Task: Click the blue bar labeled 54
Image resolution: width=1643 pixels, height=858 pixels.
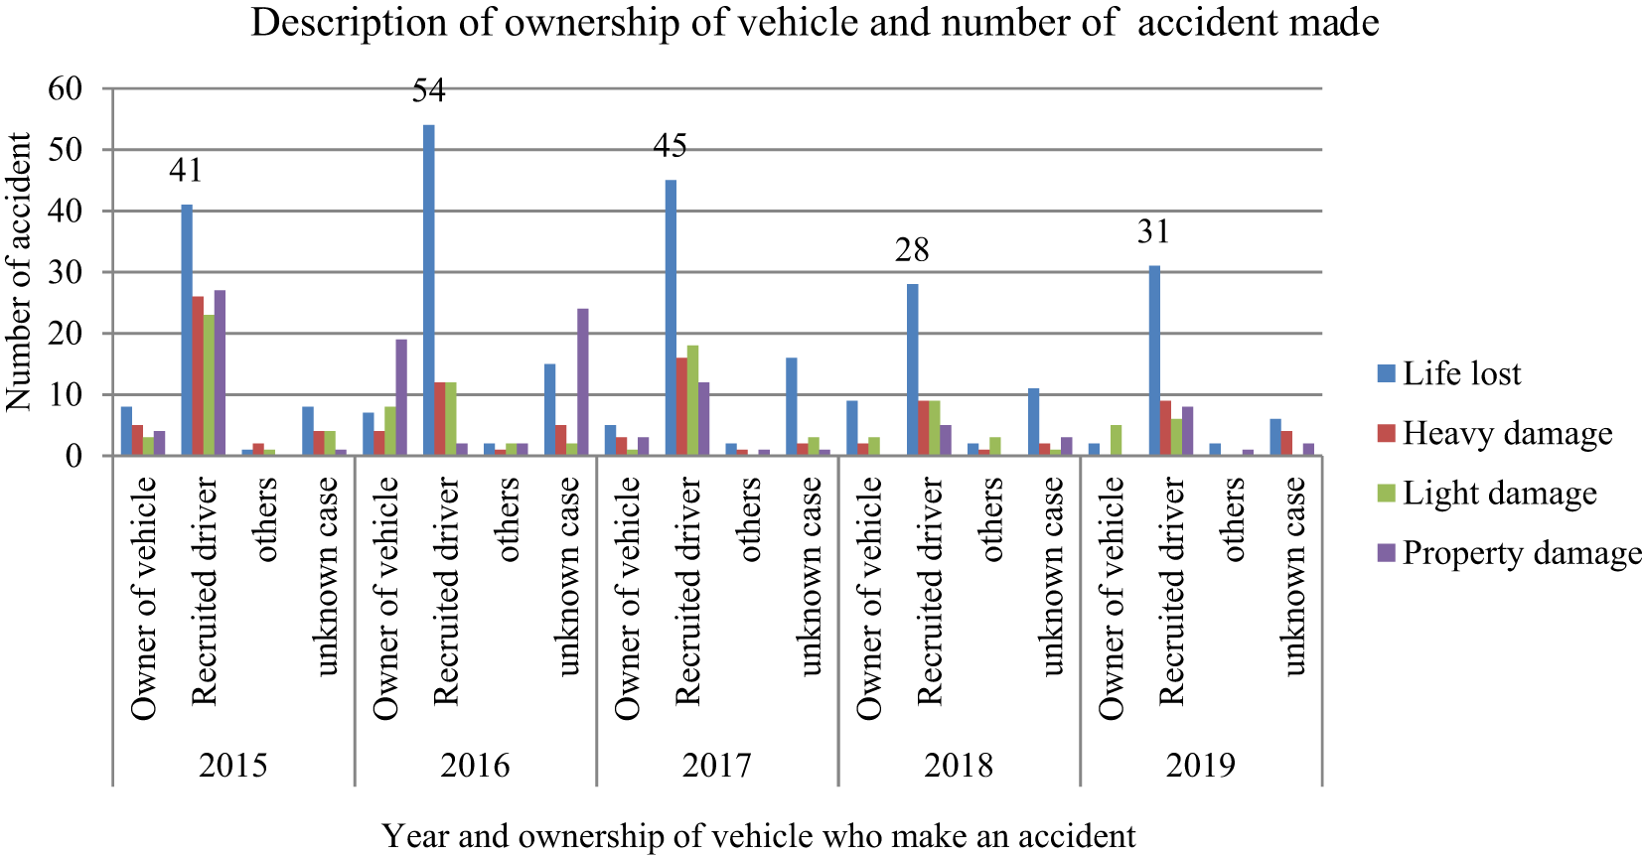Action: point(429,290)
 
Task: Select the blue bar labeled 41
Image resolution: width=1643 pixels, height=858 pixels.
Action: point(187,330)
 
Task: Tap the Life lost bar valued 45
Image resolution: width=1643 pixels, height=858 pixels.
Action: point(671,318)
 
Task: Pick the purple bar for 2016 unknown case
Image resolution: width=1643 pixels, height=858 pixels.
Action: point(582,382)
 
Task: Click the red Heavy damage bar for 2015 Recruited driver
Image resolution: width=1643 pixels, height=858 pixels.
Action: point(198,375)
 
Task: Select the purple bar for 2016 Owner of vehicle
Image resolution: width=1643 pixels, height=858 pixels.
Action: point(401,397)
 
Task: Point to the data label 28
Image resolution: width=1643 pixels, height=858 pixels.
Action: point(912,250)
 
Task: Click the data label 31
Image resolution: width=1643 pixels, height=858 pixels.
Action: point(1153,232)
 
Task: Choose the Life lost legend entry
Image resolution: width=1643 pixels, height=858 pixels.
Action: point(1461,374)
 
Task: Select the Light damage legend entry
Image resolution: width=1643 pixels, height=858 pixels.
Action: point(1499,494)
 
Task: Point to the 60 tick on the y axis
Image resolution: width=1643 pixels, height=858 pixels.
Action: point(66,88)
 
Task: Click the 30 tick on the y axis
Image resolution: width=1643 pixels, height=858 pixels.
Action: point(66,272)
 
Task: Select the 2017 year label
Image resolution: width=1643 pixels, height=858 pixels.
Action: point(717,766)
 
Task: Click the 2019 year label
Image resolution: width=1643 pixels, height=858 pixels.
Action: point(1201,766)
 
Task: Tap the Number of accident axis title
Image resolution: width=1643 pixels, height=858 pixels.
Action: point(20,272)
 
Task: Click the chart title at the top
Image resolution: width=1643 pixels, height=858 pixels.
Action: point(815,22)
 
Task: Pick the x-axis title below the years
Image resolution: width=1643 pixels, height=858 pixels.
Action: point(759,836)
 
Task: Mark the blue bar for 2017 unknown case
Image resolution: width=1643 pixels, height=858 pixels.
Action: point(792,406)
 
